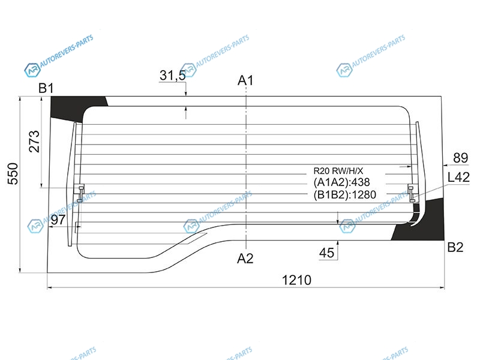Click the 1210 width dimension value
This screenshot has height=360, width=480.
(x=296, y=280)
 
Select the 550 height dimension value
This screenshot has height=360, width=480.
(x=13, y=173)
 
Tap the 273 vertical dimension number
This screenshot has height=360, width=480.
(x=34, y=142)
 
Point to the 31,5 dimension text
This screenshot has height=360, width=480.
(x=172, y=76)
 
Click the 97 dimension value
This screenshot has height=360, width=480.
(x=58, y=220)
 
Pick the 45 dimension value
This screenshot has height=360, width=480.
(x=326, y=253)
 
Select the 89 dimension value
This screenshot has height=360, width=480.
(x=460, y=158)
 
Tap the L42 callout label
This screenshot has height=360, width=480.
(x=458, y=177)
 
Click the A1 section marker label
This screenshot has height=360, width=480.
(x=245, y=80)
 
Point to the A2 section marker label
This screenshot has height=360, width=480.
(x=245, y=259)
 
